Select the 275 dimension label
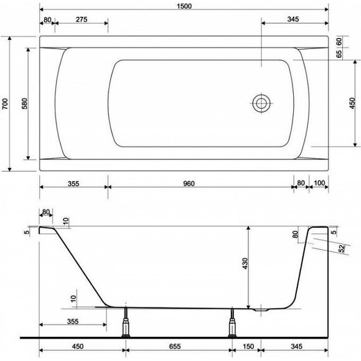pyautogui.click(x=79, y=20)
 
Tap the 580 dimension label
pyautogui.click(x=24, y=103)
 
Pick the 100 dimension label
pyautogui.click(x=319, y=184)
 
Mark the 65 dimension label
pyautogui.click(x=339, y=54)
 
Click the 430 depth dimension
pyautogui.click(x=245, y=266)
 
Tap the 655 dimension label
pyautogui.click(x=179, y=348)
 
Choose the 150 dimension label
pyautogui.click(x=247, y=348)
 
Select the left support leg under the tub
pyautogui.click(x=126, y=322)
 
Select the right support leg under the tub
pyautogui.click(x=233, y=322)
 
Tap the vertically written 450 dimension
pyautogui.click(x=352, y=103)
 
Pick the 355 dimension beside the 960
pyautogui.click(x=73, y=184)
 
